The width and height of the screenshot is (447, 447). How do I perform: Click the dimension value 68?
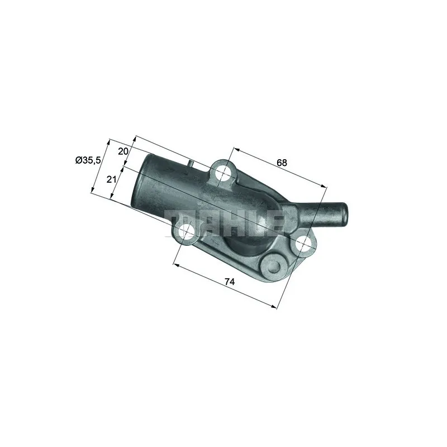[x=282, y=163]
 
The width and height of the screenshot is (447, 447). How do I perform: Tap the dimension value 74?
[x=230, y=282]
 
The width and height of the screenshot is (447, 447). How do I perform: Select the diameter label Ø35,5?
[x=88, y=160]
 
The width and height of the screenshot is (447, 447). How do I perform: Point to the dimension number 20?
[x=123, y=151]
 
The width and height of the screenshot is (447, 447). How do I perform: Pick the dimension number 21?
[x=111, y=179]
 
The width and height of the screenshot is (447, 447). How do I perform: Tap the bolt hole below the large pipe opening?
[x=186, y=231]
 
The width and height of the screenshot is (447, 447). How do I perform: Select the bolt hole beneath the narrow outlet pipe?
[x=303, y=245]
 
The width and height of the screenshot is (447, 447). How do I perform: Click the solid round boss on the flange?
[x=273, y=267]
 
